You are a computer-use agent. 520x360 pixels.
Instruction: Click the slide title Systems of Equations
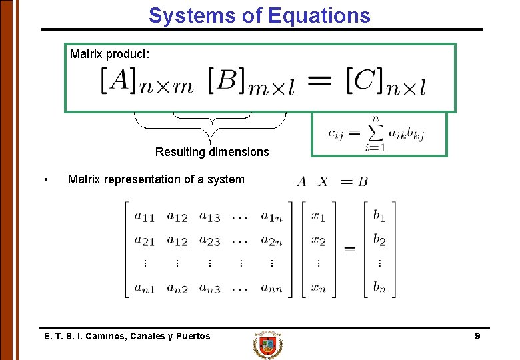click(259, 15)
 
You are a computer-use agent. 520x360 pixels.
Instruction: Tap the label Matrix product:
click(109, 54)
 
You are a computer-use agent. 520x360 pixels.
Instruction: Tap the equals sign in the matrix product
click(321, 81)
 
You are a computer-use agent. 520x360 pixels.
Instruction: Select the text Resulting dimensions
click(212, 152)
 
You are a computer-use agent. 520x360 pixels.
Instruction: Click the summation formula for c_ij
click(376, 133)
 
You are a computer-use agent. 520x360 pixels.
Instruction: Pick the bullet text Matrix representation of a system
click(156, 179)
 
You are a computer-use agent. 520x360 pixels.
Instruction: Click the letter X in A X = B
click(323, 181)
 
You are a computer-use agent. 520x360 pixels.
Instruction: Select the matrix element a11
click(144, 216)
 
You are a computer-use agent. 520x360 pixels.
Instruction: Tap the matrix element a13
click(209, 216)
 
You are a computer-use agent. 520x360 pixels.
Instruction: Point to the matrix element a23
click(209, 240)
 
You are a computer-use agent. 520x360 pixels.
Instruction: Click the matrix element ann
click(271, 288)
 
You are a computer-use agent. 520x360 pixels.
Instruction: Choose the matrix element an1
click(145, 288)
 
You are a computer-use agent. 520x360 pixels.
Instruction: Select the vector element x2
click(319, 240)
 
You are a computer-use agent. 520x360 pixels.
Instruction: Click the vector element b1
click(379, 216)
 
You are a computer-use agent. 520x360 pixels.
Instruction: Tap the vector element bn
click(379, 288)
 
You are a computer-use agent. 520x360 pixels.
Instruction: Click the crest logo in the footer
click(268, 345)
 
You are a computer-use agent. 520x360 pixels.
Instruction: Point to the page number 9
click(477, 337)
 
